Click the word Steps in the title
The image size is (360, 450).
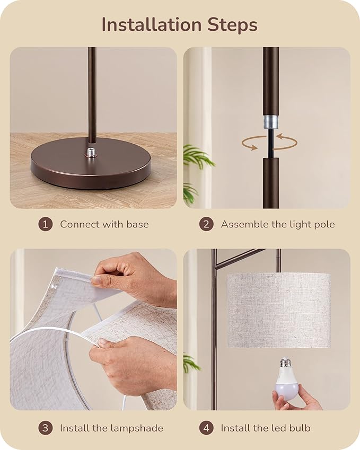coord(233,24)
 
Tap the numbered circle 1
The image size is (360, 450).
coord(45,224)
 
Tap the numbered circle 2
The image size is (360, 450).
coord(206,224)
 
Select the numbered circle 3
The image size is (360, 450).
coord(45,428)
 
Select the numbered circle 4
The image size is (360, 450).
coord(206,428)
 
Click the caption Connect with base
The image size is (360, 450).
coord(104,224)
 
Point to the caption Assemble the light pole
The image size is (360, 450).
coord(277,224)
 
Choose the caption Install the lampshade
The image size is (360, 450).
coord(111,428)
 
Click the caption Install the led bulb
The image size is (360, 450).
coord(265,428)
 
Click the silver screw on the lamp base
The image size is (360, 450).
coord(92,153)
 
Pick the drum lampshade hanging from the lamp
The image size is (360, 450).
coord(278,310)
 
